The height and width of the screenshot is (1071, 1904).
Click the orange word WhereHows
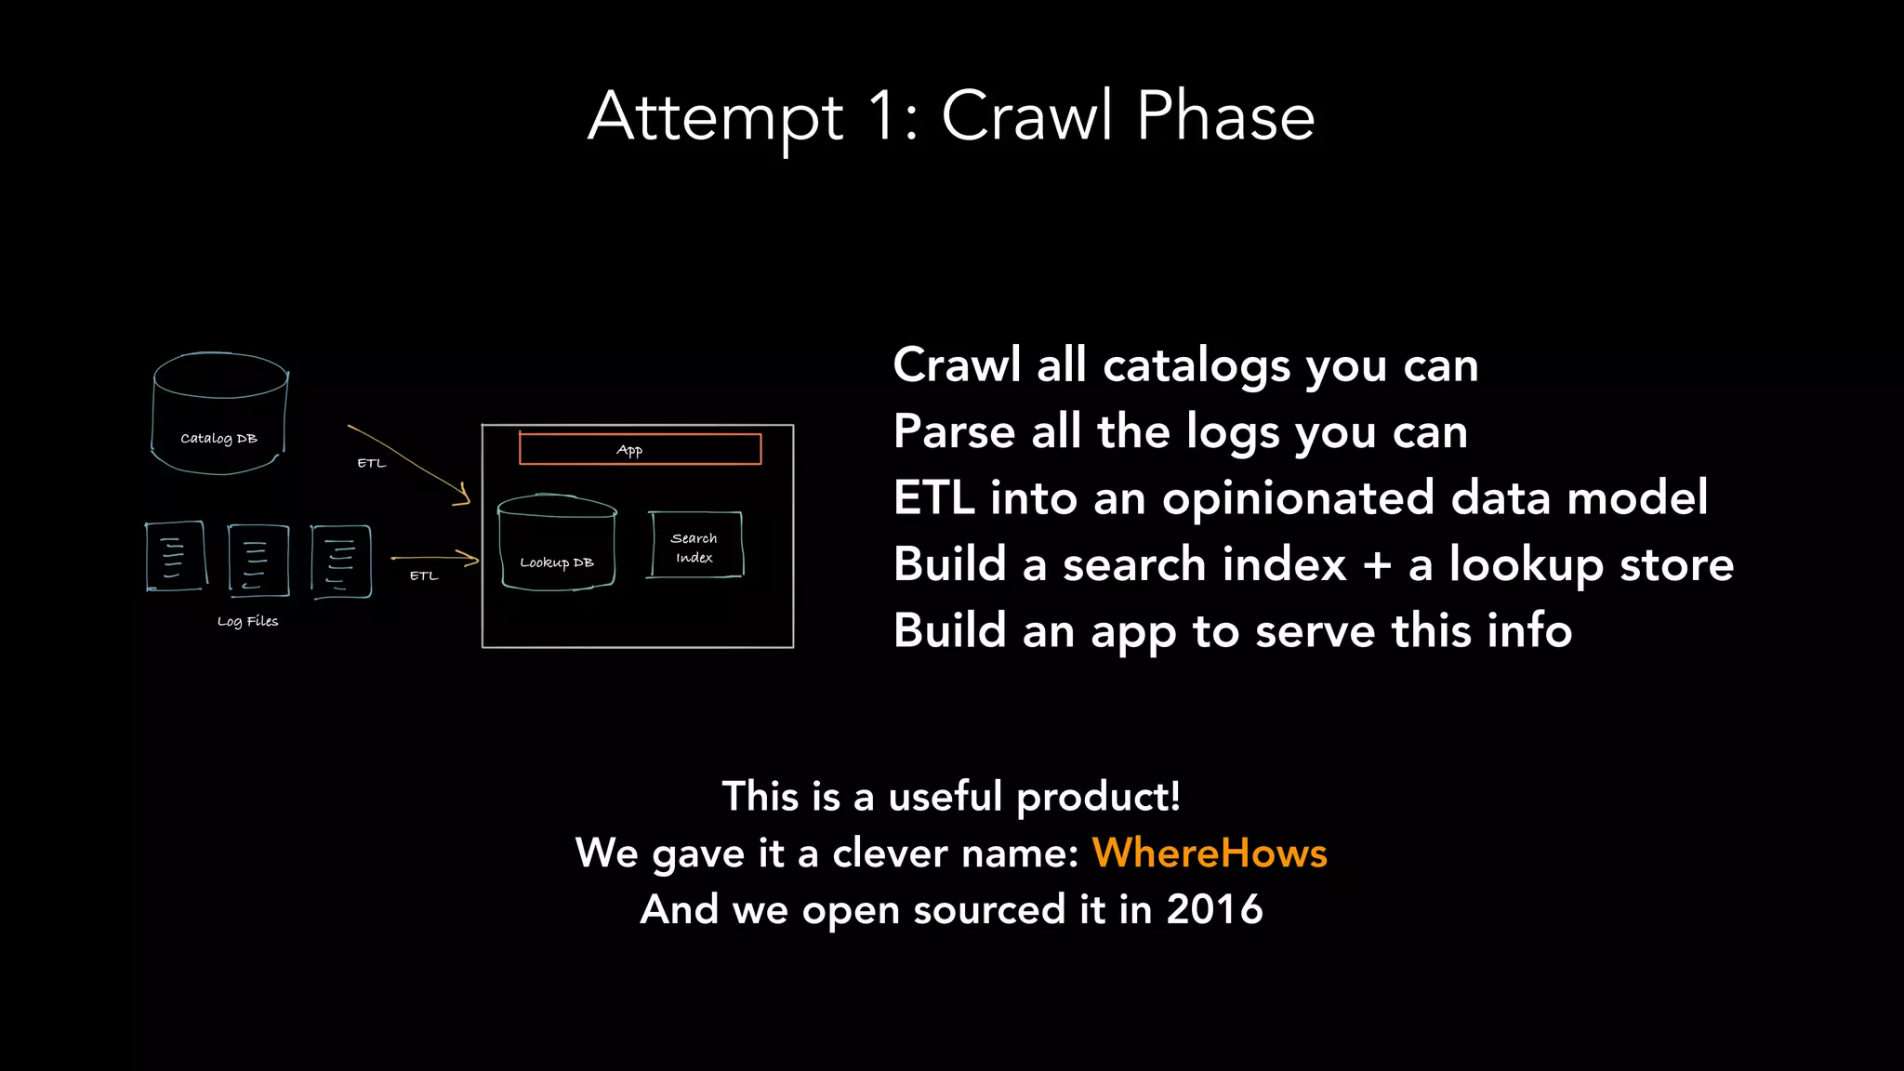pyautogui.click(x=1209, y=853)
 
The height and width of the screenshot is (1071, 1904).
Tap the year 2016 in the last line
pyautogui.click(x=1214, y=909)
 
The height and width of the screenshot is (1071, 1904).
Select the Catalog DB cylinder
pyautogui.click(x=219, y=414)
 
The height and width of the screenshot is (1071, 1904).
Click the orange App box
pyautogui.click(x=640, y=449)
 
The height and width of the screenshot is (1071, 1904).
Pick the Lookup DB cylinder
pyautogui.click(x=557, y=543)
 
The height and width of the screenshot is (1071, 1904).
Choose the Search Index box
pyautogui.click(x=694, y=546)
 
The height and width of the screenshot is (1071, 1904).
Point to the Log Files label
pyautogui.click(x=247, y=621)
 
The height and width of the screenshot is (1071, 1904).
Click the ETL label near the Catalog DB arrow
pyautogui.click(x=371, y=463)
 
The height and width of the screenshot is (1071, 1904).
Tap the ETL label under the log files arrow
pyautogui.click(x=424, y=575)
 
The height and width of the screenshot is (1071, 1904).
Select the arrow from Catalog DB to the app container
pyautogui.click(x=409, y=464)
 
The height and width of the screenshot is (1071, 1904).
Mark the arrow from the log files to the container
pyautogui.click(x=435, y=559)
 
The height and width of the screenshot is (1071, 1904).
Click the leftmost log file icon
pyautogui.click(x=175, y=556)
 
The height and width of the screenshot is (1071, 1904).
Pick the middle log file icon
pyautogui.click(x=258, y=559)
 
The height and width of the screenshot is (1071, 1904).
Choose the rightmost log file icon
pyautogui.click(x=341, y=561)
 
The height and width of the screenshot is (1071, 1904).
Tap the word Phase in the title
pyautogui.click(x=1224, y=117)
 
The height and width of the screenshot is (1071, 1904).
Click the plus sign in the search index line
pyautogui.click(x=1377, y=565)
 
